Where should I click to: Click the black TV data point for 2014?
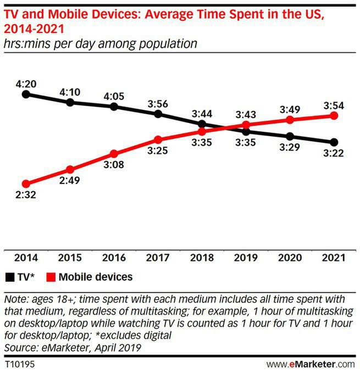pyautogui.click(x=26, y=94)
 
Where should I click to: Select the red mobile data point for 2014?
pyautogui.click(x=26, y=184)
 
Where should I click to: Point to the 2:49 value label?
pyautogui.click(x=70, y=182)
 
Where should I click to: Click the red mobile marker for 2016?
pyautogui.click(x=114, y=154)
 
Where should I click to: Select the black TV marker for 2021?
pyautogui.click(x=334, y=142)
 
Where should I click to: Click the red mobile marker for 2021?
pyautogui.click(x=334, y=116)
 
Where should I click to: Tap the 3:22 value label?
pyautogui.click(x=334, y=154)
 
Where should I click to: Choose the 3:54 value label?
pyautogui.click(x=334, y=104)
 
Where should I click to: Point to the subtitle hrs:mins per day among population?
pyautogui.click(x=101, y=42)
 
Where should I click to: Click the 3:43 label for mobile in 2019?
pyautogui.click(x=246, y=114)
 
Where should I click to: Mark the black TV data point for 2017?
pyautogui.click(x=158, y=114)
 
